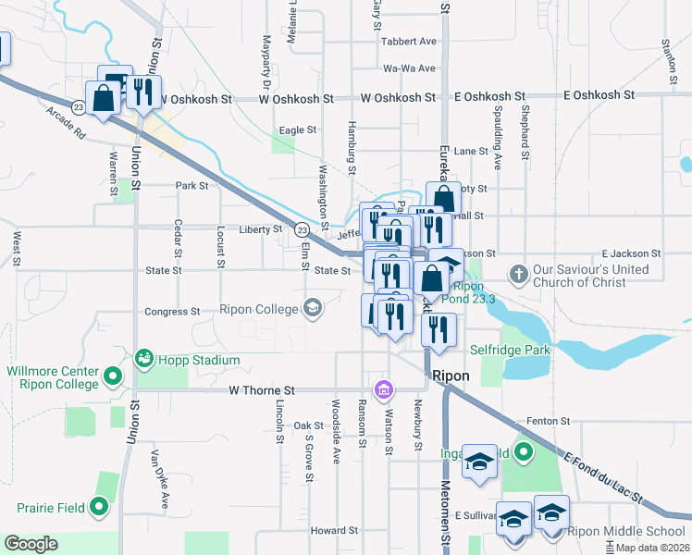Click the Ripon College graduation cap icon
tap(313, 308)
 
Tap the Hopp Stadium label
tap(199, 360)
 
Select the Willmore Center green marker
tap(113, 376)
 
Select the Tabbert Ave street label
tap(408, 42)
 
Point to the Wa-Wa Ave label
tap(410, 68)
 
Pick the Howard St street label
tap(334, 531)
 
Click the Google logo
tap(31, 544)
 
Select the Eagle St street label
tap(298, 130)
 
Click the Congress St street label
tap(172, 312)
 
